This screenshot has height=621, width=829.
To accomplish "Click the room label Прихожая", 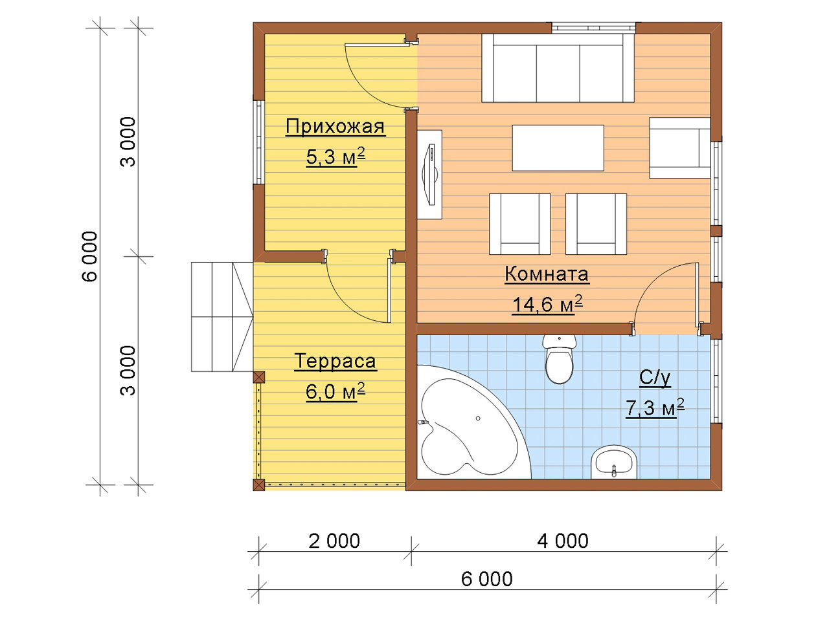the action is click(335, 127).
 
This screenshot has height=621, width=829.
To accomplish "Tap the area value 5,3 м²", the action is click(335, 157).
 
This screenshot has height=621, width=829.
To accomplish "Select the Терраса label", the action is click(335, 361).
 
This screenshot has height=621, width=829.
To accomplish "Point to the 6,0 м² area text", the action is click(335, 392).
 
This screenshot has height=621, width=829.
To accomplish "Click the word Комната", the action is click(547, 274).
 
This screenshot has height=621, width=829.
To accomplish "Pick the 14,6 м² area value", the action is click(547, 304).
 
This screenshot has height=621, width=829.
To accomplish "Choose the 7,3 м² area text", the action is click(655, 408).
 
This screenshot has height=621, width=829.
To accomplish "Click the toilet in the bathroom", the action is click(560, 358).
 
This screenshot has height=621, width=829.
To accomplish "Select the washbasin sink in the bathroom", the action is click(614, 463).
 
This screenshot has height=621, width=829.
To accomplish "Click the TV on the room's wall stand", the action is click(431, 175).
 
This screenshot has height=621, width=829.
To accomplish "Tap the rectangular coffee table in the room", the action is click(558, 147).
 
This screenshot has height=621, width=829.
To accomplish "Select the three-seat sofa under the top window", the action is click(558, 68).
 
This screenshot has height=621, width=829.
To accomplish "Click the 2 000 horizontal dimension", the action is click(334, 541).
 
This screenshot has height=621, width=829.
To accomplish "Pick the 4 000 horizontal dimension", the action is click(563, 541).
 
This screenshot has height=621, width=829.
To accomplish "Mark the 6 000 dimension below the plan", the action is click(487, 579).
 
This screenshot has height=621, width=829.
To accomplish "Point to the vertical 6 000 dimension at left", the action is click(89, 256).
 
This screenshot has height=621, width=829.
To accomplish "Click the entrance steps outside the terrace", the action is click(222, 317).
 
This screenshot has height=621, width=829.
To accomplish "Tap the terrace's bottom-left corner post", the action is click(258, 485).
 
